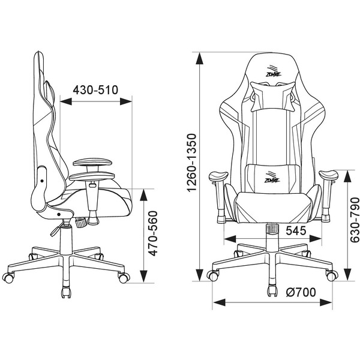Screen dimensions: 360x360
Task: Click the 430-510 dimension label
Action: pos(95,90)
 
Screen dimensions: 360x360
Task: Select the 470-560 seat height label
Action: pos(153,233)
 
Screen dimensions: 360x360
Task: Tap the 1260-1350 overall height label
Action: pos(191,163)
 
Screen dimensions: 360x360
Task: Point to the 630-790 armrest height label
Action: pos(355,220)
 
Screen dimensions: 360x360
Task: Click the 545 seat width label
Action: pos(296,230)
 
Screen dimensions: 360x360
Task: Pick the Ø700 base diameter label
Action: pos(301,292)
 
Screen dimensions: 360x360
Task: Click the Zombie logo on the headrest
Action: pos(274,72)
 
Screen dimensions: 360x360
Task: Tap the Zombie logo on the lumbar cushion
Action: pos(272,178)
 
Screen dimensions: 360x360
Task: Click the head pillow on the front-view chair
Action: pos(272,97)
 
